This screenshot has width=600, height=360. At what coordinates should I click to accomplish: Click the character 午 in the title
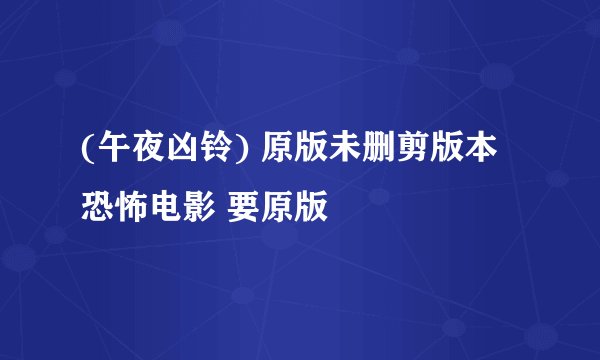(x=107, y=151)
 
